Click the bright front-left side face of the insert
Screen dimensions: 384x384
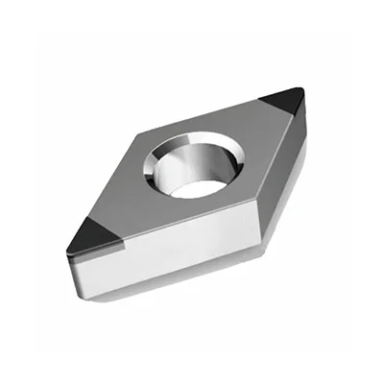[x=163, y=274]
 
